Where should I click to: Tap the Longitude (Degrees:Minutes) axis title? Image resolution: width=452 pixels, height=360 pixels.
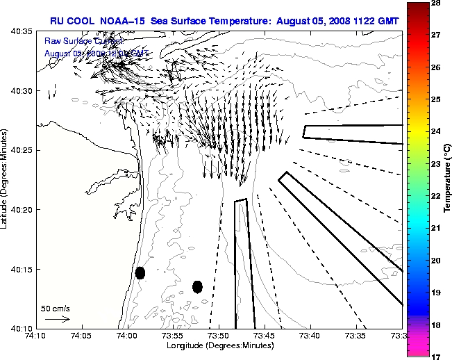pyautogui.click(x=218, y=345)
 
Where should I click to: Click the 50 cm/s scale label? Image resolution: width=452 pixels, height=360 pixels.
pyautogui.click(x=56, y=308)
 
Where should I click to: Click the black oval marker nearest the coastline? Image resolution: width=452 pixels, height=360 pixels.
pyautogui.click(x=140, y=272)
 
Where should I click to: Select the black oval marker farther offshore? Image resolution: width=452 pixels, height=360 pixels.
pyautogui.click(x=197, y=286)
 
